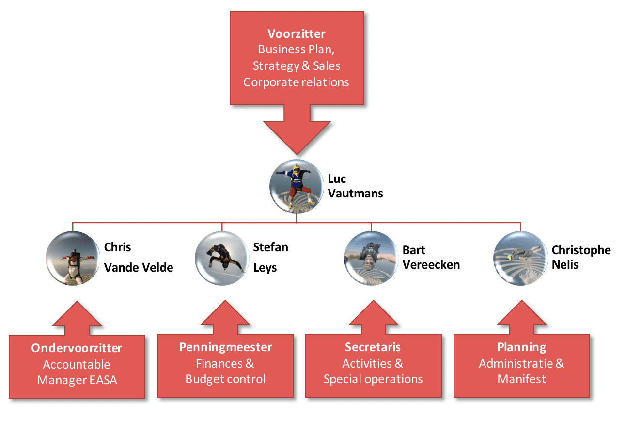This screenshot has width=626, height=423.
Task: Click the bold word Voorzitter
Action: (296, 34)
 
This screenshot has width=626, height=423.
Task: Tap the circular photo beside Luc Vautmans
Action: (297, 186)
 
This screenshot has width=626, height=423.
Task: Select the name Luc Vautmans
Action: (355, 186)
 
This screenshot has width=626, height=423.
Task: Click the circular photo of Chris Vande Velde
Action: (73, 258)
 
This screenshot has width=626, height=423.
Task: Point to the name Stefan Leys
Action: (270, 257)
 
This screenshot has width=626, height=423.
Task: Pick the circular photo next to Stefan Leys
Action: (221, 258)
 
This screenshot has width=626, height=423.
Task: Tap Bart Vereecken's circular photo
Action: (371, 258)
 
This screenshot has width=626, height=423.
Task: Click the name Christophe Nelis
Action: (581, 257)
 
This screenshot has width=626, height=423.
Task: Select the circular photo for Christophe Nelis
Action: (520, 258)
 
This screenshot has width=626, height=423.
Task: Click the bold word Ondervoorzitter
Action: (77, 348)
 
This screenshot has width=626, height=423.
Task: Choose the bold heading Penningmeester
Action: (225, 347)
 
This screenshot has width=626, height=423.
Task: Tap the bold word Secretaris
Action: (373, 347)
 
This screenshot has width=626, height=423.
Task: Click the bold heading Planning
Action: (521, 347)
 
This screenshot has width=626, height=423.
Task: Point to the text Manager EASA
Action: (77, 380)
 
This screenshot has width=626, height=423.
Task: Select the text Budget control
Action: (225, 379)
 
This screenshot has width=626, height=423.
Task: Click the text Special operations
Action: (373, 379)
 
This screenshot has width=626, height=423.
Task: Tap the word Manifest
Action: (521, 379)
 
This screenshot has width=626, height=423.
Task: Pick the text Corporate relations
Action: (296, 82)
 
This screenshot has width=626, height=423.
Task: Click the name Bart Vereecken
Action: (431, 257)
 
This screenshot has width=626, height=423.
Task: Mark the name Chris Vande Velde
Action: (138, 257)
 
